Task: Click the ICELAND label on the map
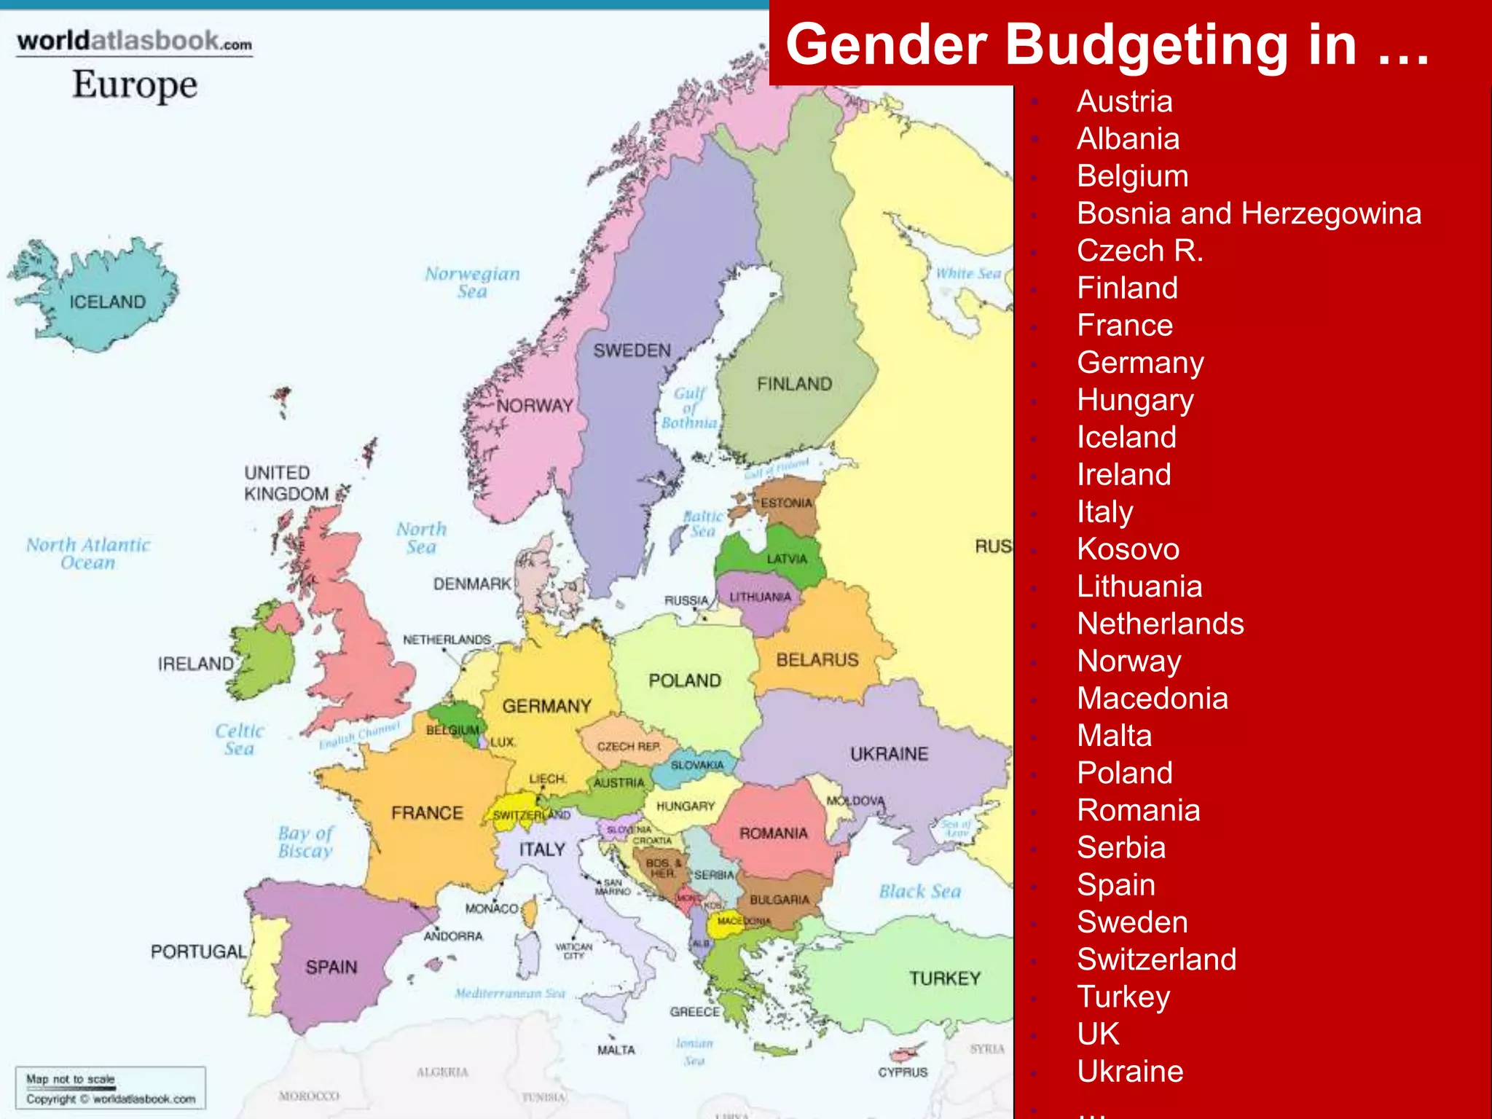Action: click(x=107, y=302)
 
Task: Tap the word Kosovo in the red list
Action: click(x=1128, y=549)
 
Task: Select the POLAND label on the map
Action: click(x=684, y=680)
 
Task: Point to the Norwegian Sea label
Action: click(x=472, y=283)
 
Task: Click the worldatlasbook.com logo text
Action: click(x=135, y=41)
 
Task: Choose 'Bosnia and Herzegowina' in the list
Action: click(x=1249, y=213)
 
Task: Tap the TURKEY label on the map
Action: click(x=944, y=978)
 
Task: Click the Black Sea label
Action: click(x=919, y=891)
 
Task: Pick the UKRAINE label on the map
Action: click(x=889, y=754)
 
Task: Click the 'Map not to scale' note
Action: click(x=71, y=1079)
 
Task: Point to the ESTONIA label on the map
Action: click(x=786, y=503)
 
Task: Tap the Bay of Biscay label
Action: click(x=305, y=842)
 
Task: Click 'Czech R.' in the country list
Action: click(x=1139, y=251)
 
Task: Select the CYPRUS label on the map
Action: click(x=903, y=1072)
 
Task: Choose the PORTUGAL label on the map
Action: click(x=198, y=951)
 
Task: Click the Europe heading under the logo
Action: click(x=135, y=85)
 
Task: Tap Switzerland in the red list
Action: click(x=1156, y=959)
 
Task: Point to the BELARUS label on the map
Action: click(x=817, y=660)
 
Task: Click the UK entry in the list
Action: click(x=1098, y=1034)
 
